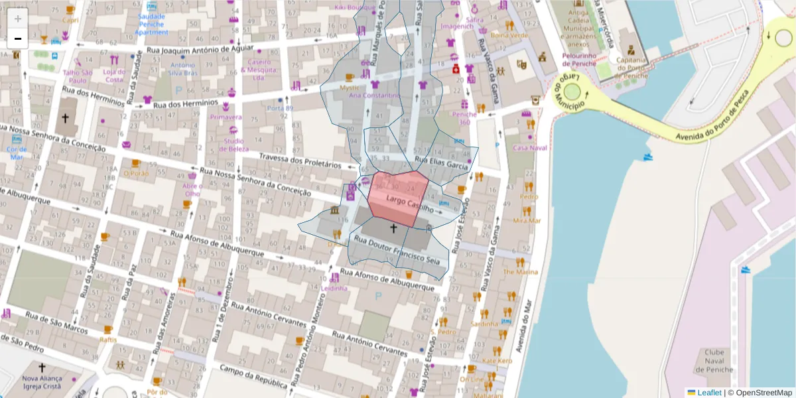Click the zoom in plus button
[x=18, y=19]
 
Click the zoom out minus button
[x=18, y=38]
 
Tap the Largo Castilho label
[x=409, y=202]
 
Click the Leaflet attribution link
[x=709, y=393]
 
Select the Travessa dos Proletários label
[x=299, y=161]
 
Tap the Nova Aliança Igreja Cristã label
[x=42, y=381]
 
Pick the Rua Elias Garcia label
[x=441, y=163]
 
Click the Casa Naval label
[x=529, y=147]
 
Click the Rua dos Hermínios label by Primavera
[x=185, y=103]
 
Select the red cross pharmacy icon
[x=456, y=68]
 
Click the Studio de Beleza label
[x=233, y=145]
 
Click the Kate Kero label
[x=497, y=361]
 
